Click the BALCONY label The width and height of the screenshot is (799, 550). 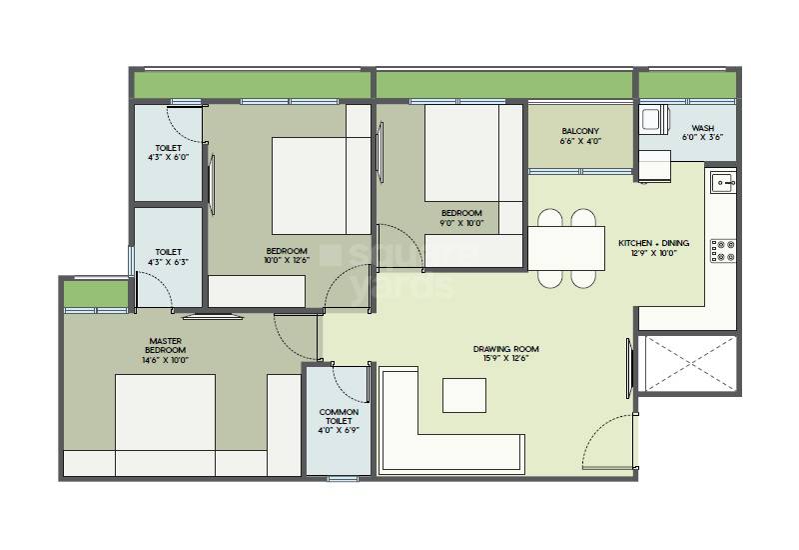pyautogui.click(x=580, y=131)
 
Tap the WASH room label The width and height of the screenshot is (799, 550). pyautogui.click(x=703, y=129)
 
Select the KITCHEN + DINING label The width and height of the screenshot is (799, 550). pyautogui.click(x=654, y=244)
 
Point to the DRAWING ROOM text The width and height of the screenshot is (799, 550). pyautogui.click(x=505, y=349)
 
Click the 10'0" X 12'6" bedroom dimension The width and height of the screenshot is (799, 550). pyautogui.click(x=287, y=262)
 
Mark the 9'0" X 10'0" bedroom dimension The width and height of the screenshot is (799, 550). pyautogui.click(x=461, y=224)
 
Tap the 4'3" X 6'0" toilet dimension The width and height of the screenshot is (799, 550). pyautogui.click(x=168, y=158)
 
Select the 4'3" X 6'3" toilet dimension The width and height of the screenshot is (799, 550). pyautogui.click(x=168, y=264)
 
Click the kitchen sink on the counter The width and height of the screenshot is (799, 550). pyautogui.click(x=722, y=182)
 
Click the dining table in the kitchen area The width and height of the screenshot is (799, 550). pyautogui.click(x=565, y=248)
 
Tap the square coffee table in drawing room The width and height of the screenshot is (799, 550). pyautogui.click(x=464, y=395)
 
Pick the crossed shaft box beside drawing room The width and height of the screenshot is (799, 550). pyautogui.click(x=690, y=365)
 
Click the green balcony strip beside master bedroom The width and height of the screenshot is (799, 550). pyautogui.click(x=97, y=294)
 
